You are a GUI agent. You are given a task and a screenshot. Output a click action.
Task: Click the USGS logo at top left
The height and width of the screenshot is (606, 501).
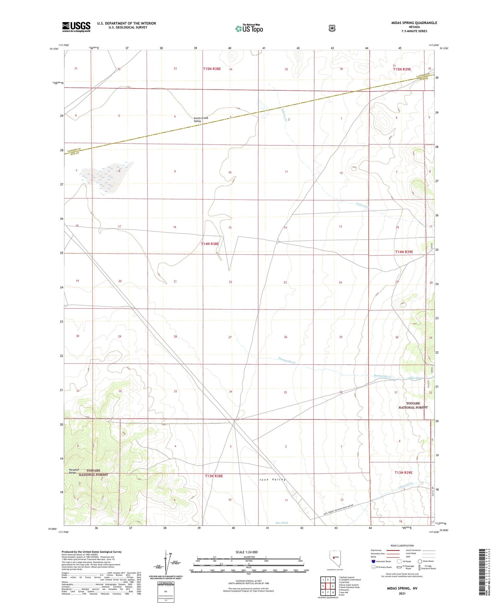pyautogui.click(x=76, y=27)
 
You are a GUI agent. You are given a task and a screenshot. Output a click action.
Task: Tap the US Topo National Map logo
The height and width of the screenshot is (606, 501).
pyautogui.click(x=249, y=28)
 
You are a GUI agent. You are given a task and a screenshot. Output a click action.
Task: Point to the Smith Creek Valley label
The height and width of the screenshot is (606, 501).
pyautogui.click(x=201, y=120)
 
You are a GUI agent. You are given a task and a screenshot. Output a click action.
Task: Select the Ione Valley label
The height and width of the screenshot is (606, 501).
pyautogui.click(x=273, y=480)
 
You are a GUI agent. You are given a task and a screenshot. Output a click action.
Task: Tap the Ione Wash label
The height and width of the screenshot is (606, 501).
pyautogui.click(x=282, y=523)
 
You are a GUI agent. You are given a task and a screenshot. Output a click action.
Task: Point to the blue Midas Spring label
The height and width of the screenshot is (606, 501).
pyautogui.click(x=415, y=378)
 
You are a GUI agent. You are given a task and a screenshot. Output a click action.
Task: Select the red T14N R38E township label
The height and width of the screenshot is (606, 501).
pyautogui.click(x=210, y=244)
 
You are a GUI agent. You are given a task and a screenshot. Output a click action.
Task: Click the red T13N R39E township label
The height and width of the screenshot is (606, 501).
pyautogui.click(x=403, y=473)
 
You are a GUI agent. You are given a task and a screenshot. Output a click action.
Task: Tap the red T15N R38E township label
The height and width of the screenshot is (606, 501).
pyautogui.click(x=212, y=69)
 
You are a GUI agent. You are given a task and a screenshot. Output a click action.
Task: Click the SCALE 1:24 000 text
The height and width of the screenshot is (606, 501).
pyautogui.click(x=246, y=552)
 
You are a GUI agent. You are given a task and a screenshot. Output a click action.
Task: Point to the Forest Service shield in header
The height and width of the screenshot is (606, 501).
pyautogui.click(x=331, y=28)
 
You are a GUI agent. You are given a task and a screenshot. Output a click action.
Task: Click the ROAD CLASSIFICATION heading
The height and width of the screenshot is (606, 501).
pyautogui.click(x=402, y=546)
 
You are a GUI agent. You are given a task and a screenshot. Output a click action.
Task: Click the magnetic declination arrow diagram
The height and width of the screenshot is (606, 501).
pyautogui.click(x=166, y=562)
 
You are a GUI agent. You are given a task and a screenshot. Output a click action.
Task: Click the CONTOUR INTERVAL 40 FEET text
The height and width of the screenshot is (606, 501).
pyautogui.click(x=248, y=581)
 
